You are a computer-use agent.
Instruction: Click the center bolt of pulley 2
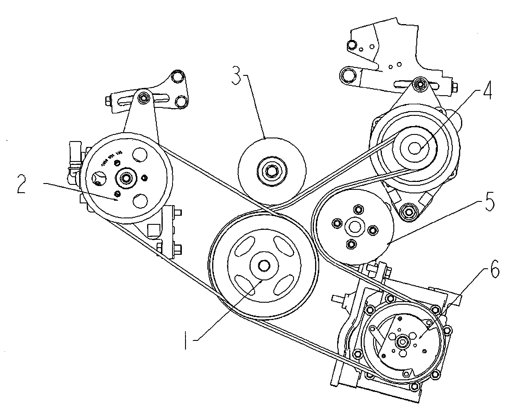(127, 177)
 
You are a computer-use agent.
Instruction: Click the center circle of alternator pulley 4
(415, 148)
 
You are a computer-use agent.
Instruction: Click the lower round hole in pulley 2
(140, 200)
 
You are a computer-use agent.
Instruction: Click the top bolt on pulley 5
(358, 209)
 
